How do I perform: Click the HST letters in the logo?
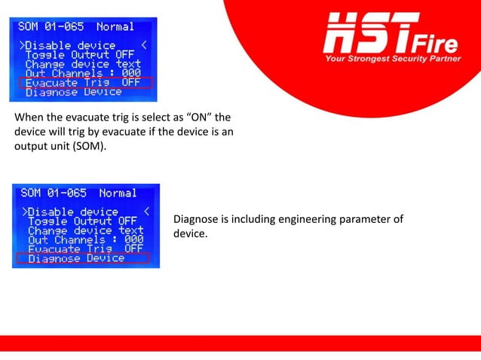(369, 33)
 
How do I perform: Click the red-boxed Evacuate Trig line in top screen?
(84, 82)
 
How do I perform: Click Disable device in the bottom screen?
(71, 212)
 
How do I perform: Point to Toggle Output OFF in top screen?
(80, 54)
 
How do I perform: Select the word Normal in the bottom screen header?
(118, 194)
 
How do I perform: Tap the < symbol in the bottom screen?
(146, 211)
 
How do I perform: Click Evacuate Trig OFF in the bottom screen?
(85, 249)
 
